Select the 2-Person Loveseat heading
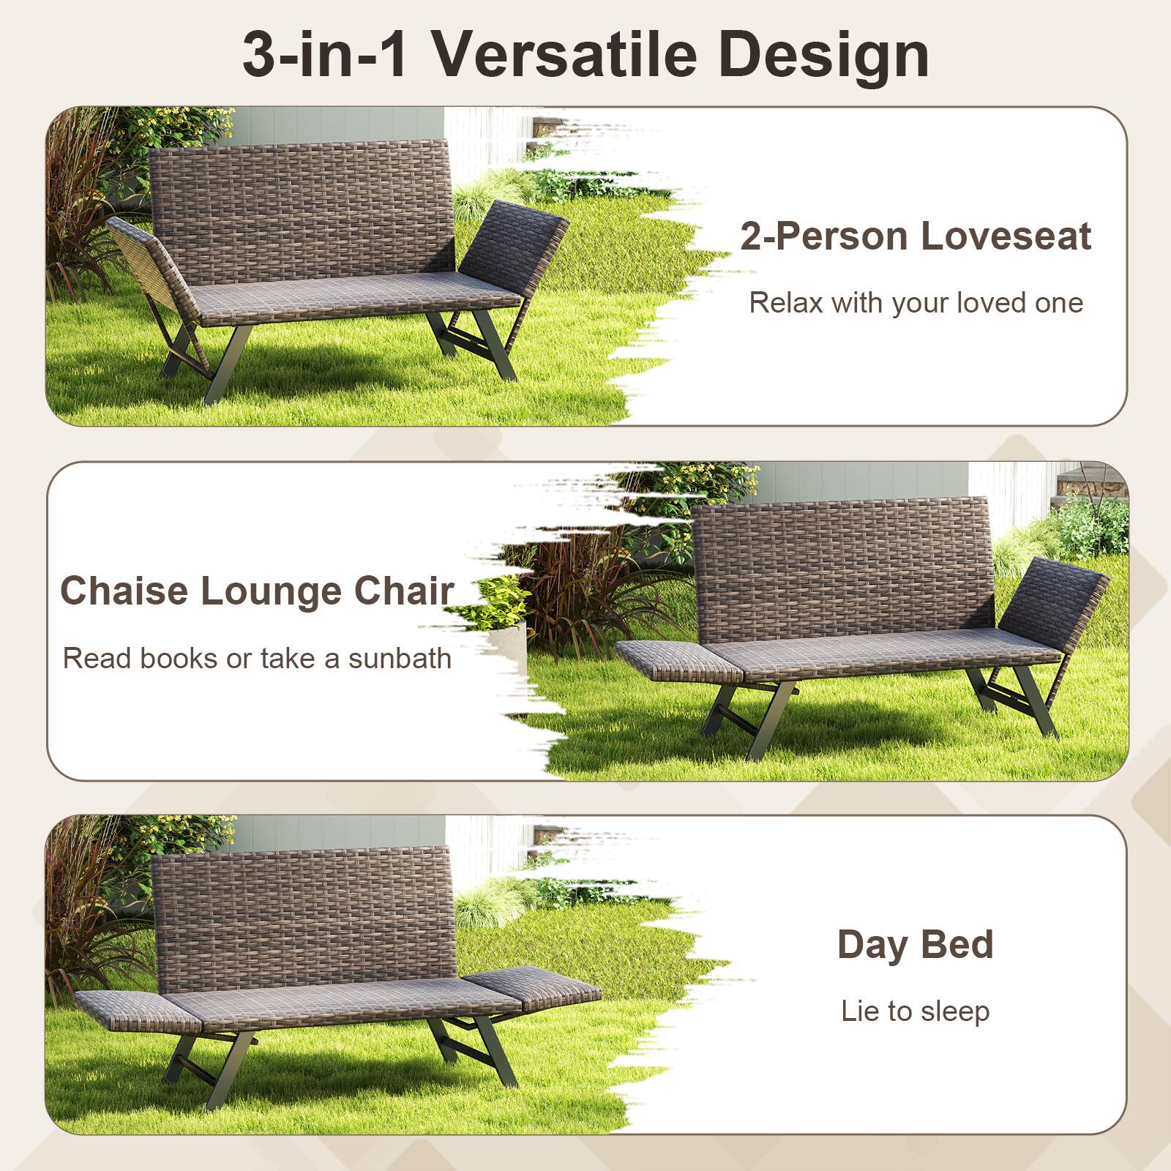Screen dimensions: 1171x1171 pos(916,236)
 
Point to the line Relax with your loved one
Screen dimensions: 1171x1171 pos(916,303)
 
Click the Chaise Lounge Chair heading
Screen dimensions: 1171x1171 pos(257,591)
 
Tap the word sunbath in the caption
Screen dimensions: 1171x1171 pos(400,659)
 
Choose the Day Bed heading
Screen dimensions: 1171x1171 pos(916,944)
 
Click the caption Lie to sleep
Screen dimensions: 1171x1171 pos(916,1011)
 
